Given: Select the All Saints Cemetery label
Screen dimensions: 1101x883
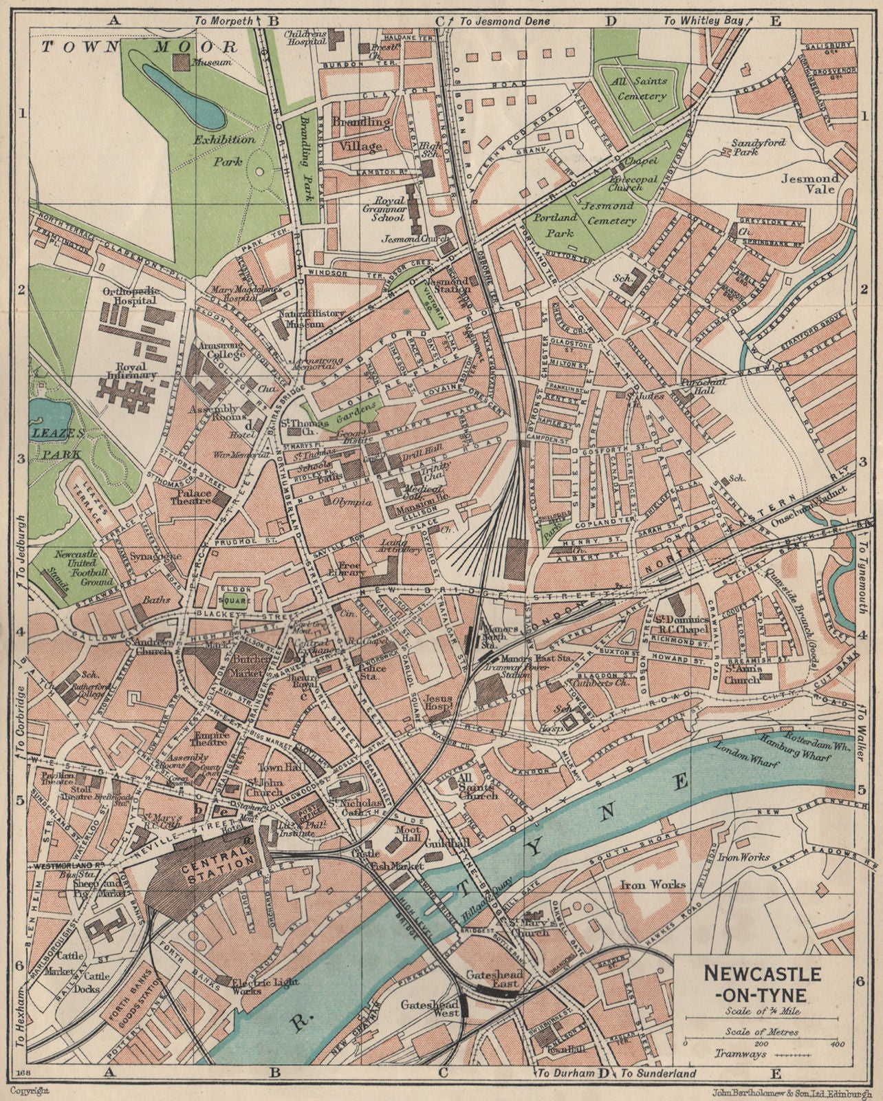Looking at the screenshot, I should coord(640,89).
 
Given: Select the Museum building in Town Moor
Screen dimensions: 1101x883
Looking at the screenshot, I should coord(180,63).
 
